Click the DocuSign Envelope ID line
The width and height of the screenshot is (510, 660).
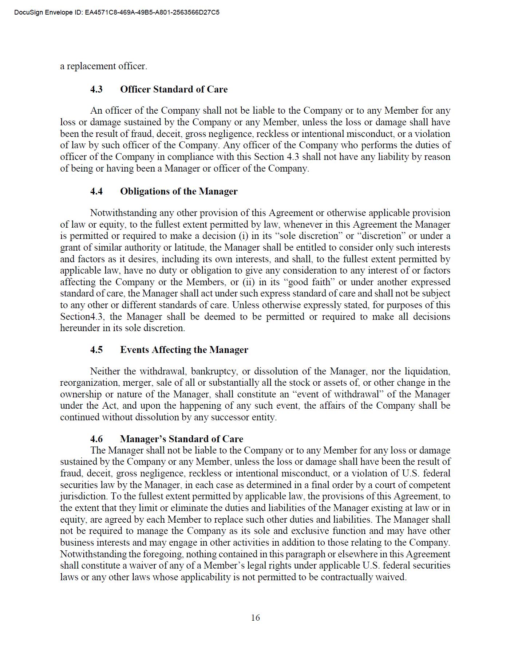click(117, 13)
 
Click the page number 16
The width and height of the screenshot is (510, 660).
click(255, 617)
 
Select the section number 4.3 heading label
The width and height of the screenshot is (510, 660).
click(96, 90)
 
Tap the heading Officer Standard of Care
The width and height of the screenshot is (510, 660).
click(174, 90)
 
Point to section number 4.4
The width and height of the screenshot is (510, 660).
click(96, 192)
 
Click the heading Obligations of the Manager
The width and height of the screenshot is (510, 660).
click(178, 192)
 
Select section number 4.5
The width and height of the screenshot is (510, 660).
click(96, 350)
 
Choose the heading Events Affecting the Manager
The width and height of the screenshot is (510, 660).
click(184, 350)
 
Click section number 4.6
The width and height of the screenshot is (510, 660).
click(96, 439)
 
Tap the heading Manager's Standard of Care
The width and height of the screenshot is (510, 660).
click(181, 439)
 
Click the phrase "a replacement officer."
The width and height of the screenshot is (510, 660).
click(104, 66)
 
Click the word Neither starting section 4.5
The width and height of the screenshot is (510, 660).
click(105, 372)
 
